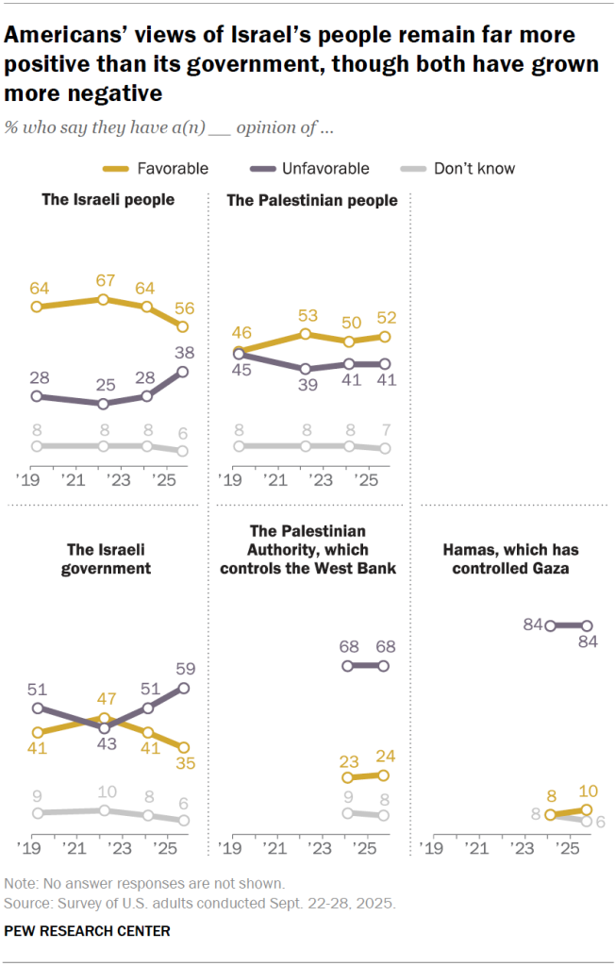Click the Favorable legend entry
(155, 169)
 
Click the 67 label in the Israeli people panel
(105, 280)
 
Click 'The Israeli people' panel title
(108, 200)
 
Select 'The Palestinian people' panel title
(312, 200)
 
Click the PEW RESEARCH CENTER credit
(88, 931)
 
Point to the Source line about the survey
(200, 902)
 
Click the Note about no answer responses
(144, 884)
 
